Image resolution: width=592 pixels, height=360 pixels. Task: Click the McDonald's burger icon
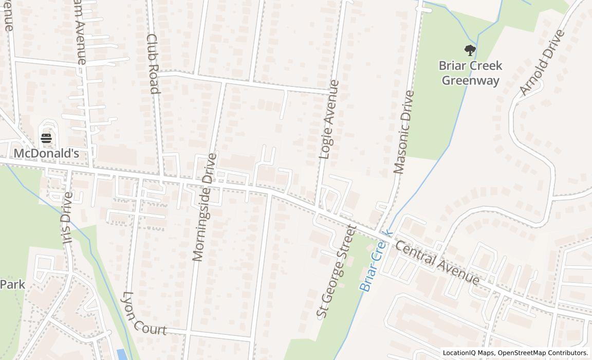click(46, 138)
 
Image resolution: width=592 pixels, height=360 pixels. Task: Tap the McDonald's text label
click(46, 153)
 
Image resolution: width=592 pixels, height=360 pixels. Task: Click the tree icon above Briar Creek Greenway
click(470, 50)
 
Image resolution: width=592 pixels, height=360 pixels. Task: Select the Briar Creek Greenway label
click(470, 73)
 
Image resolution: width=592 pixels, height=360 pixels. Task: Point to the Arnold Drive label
click(542, 63)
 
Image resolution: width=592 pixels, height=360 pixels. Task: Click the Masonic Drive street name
click(403, 132)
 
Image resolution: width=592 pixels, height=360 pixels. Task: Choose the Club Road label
click(152, 63)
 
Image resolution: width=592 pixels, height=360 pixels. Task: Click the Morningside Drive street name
click(205, 207)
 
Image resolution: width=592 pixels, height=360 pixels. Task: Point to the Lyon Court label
click(142, 315)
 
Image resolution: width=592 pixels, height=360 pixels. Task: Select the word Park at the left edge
click(12, 284)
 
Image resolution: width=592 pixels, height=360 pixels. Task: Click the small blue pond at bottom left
click(122, 354)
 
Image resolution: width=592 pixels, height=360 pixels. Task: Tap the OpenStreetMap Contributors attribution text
click(543, 353)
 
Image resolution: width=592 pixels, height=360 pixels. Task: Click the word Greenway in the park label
click(470, 81)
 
